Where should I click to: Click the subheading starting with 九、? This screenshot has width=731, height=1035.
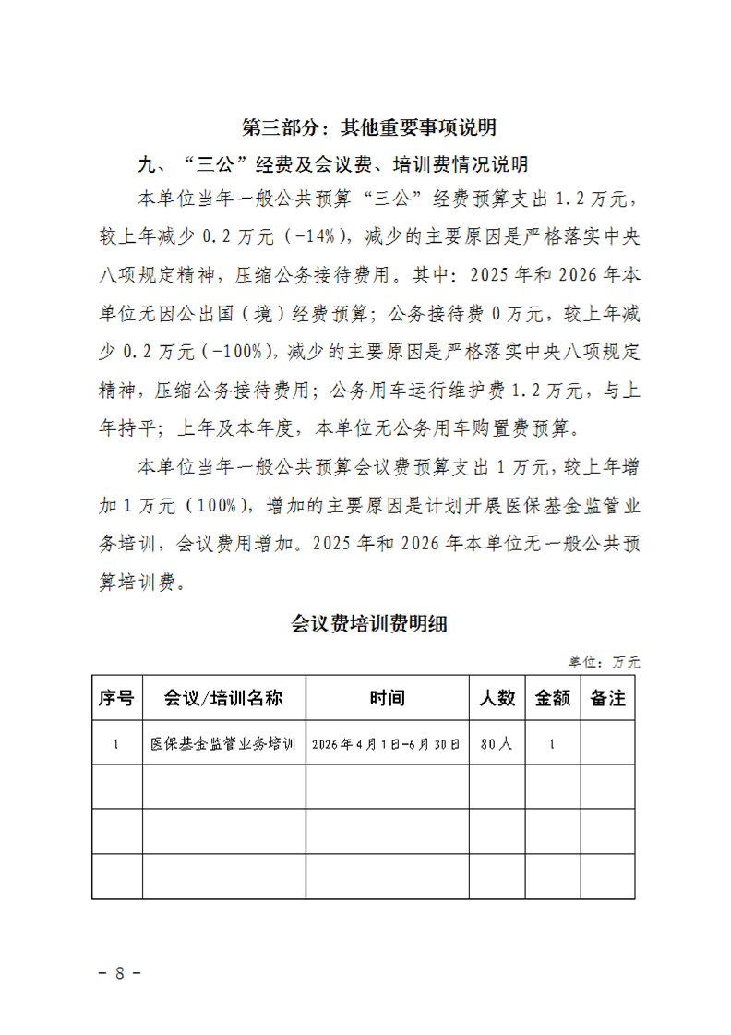click(332, 165)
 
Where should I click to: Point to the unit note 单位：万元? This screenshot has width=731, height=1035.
click(604, 662)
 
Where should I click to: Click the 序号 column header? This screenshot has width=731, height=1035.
click(116, 698)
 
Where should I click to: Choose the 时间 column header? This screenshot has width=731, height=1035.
click(387, 698)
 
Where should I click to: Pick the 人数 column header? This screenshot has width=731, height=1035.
click(497, 698)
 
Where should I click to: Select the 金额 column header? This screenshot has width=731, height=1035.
click(552, 698)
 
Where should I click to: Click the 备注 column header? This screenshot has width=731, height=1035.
click(607, 698)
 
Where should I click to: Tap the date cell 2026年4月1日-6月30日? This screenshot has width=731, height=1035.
click(387, 743)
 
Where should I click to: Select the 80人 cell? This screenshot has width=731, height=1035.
click(497, 743)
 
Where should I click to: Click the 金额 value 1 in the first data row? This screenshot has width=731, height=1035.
click(552, 743)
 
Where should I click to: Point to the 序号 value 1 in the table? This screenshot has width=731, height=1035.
click(116, 743)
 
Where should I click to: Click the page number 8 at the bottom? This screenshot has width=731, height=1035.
click(119, 972)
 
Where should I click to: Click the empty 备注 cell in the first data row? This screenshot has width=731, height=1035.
click(607, 743)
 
